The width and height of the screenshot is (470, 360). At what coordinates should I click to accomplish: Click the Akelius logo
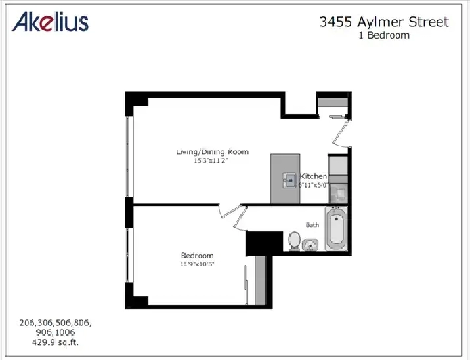tap(50, 22)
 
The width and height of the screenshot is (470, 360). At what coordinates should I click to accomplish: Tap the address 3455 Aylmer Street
tap(384, 22)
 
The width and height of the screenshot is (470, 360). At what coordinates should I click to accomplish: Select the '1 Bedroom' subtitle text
tap(384, 35)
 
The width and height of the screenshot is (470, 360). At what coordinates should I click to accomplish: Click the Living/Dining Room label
tap(212, 152)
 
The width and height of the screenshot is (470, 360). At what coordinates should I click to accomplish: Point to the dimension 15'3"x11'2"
tap(211, 161)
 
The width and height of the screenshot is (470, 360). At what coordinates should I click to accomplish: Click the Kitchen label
tap(313, 176)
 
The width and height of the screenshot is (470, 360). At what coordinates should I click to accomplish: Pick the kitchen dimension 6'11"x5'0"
tap(313, 185)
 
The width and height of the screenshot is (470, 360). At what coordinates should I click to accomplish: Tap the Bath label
tap(312, 225)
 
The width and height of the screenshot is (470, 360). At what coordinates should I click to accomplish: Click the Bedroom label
tap(197, 256)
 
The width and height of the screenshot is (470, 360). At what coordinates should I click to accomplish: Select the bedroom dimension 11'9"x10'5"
tap(197, 264)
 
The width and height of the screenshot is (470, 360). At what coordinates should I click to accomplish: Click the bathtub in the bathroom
tap(336, 228)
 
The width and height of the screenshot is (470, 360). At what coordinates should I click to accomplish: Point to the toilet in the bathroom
tap(294, 241)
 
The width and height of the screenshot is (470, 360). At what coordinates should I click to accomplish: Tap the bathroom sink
tap(310, 245)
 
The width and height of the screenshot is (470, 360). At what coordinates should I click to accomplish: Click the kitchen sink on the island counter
tap(289, 180)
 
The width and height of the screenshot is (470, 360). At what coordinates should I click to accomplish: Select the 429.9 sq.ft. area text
tap(55, 342)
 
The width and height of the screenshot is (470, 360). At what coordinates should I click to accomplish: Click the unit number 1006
tap(65, 332)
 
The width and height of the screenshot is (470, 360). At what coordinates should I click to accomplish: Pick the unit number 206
tap(28, 323)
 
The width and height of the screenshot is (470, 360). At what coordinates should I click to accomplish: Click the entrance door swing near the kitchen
tap(342, 132)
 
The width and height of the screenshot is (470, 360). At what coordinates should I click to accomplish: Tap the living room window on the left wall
tap(129, 156)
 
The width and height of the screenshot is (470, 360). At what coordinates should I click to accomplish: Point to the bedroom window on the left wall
tap(129, 254)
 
